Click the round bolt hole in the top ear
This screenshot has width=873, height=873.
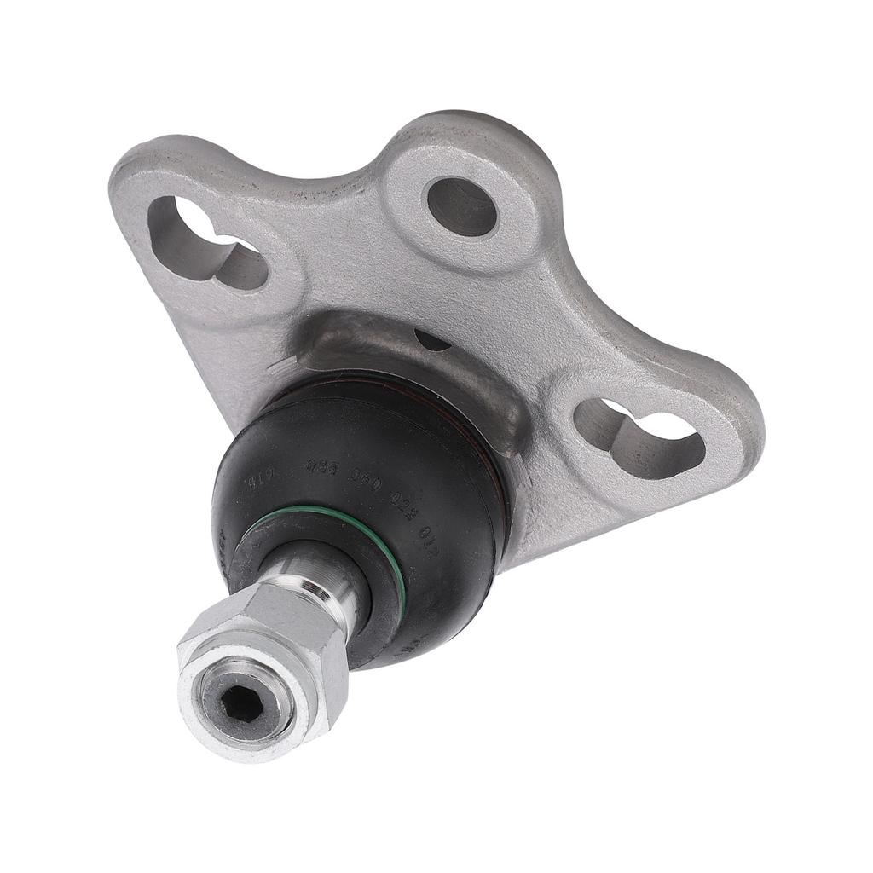click(x=461, y=206)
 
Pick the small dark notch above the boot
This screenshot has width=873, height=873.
click(x=431, y=341)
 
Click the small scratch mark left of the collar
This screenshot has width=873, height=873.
click(x=277, y=368)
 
